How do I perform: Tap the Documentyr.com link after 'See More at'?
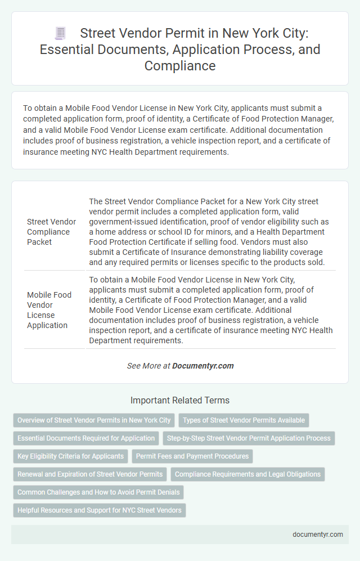pos(202,366)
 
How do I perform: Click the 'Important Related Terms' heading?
pos(179,401)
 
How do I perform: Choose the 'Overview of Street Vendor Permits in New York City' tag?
pos(94,420)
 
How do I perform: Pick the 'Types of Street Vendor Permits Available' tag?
pos(244,420)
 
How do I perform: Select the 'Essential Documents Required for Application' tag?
pos(86,438)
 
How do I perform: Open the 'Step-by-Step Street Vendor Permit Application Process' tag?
pos(249,438)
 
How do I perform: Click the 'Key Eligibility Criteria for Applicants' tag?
pos(70,456)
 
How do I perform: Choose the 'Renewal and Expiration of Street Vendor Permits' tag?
pos(90,474)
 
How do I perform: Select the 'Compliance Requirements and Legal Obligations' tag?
pos(247,474)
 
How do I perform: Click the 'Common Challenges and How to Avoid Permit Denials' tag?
pos(98,492)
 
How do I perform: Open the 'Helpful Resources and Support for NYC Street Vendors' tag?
pos(99,510)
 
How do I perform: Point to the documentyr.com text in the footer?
pos(317,535)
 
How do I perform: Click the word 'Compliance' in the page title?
pos(180,65)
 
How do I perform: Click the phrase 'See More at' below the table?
pos(148,366)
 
